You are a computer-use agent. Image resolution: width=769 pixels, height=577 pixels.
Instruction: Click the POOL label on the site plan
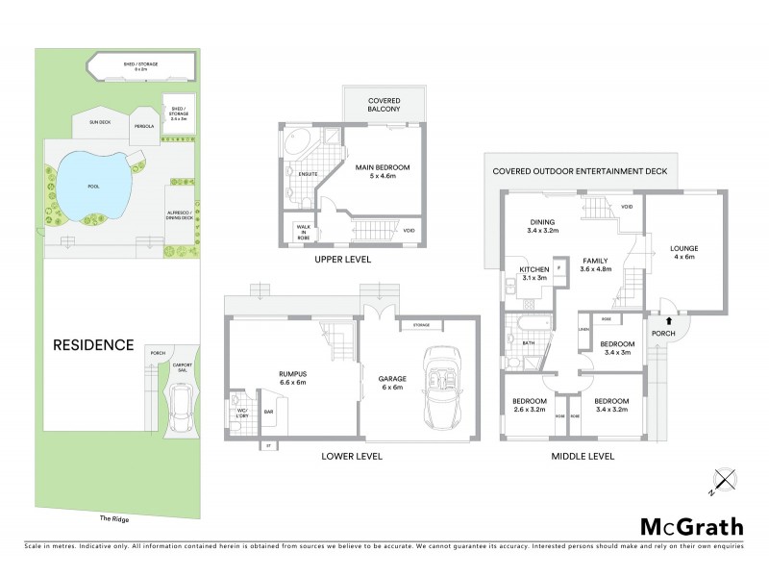tap(92, 187)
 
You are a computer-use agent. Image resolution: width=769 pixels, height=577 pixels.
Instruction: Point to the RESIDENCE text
tap(92, 344)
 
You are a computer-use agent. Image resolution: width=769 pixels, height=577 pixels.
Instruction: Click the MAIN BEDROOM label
tap(382, 172)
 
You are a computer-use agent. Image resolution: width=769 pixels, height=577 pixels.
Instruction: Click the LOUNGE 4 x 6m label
tap(683, 253)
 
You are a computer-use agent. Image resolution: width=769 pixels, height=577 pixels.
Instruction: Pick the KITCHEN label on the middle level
tap(533, 272)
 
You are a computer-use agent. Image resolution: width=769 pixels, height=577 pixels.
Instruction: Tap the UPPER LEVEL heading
tap(343, 260)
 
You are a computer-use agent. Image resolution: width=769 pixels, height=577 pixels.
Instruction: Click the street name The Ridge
tap(113, 518)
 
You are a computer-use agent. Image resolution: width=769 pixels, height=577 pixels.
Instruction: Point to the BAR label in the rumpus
tap(269, 412)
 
